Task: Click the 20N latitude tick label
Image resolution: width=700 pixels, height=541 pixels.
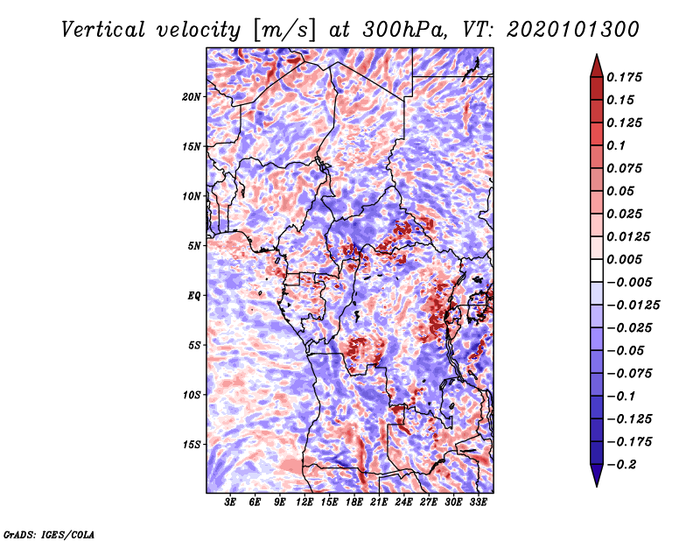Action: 192,97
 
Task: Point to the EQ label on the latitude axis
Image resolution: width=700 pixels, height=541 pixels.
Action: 194,296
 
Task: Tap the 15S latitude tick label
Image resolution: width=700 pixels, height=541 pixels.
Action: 192,445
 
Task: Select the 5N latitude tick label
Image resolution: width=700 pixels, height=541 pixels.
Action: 194,246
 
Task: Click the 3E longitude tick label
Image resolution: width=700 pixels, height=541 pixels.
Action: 230,502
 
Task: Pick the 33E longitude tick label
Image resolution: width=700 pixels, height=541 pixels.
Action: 478,502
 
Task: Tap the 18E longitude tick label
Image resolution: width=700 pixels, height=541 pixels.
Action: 354,502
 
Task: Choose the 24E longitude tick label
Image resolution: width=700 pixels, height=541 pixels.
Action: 403,502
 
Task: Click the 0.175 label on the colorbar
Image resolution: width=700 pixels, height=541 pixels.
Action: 624,78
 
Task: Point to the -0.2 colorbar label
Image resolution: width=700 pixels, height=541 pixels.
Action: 621,465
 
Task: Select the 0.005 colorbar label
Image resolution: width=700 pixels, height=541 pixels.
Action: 624,259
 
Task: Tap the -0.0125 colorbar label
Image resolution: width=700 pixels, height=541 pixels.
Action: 633,306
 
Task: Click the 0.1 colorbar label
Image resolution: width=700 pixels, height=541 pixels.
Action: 616,145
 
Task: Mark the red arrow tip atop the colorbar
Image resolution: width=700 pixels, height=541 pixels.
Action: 597,55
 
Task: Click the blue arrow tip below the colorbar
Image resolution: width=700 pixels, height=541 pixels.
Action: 597,486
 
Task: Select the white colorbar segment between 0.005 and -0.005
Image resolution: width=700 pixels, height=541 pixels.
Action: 597,270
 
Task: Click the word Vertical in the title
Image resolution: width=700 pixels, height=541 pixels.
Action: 103,30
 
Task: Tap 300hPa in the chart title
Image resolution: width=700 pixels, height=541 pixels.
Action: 404,30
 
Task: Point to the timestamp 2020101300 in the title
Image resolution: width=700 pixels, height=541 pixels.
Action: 573,30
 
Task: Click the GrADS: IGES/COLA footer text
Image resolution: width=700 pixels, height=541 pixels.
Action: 49,534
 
